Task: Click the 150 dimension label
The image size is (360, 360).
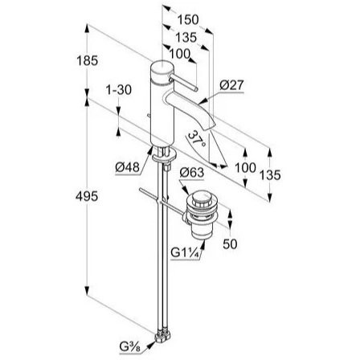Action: pos(188,20)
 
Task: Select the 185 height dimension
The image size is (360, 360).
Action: pos(88,61)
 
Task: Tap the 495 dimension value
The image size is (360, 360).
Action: pos(87,197)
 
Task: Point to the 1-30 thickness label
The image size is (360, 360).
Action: pos(119,90)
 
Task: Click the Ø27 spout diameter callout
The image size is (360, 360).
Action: pos(231,85)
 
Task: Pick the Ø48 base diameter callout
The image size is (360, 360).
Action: pos(128,168)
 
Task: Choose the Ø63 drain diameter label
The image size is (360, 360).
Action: pos(192,173)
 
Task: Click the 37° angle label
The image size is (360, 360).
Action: pos(197,138)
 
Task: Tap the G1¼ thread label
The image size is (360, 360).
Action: pos(186,252)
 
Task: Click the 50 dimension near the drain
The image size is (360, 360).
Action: pos(230,244)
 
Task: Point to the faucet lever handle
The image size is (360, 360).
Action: pos(184,84)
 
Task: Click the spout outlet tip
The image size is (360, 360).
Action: pos(210,126)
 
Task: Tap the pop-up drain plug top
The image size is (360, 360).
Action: pos(200,197)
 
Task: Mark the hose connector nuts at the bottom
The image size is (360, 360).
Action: pos(162,336)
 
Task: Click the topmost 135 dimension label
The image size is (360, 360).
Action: pos(186,38)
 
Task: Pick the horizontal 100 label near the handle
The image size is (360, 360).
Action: pos(179,54)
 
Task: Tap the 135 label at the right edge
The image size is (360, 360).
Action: pos(270,175)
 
